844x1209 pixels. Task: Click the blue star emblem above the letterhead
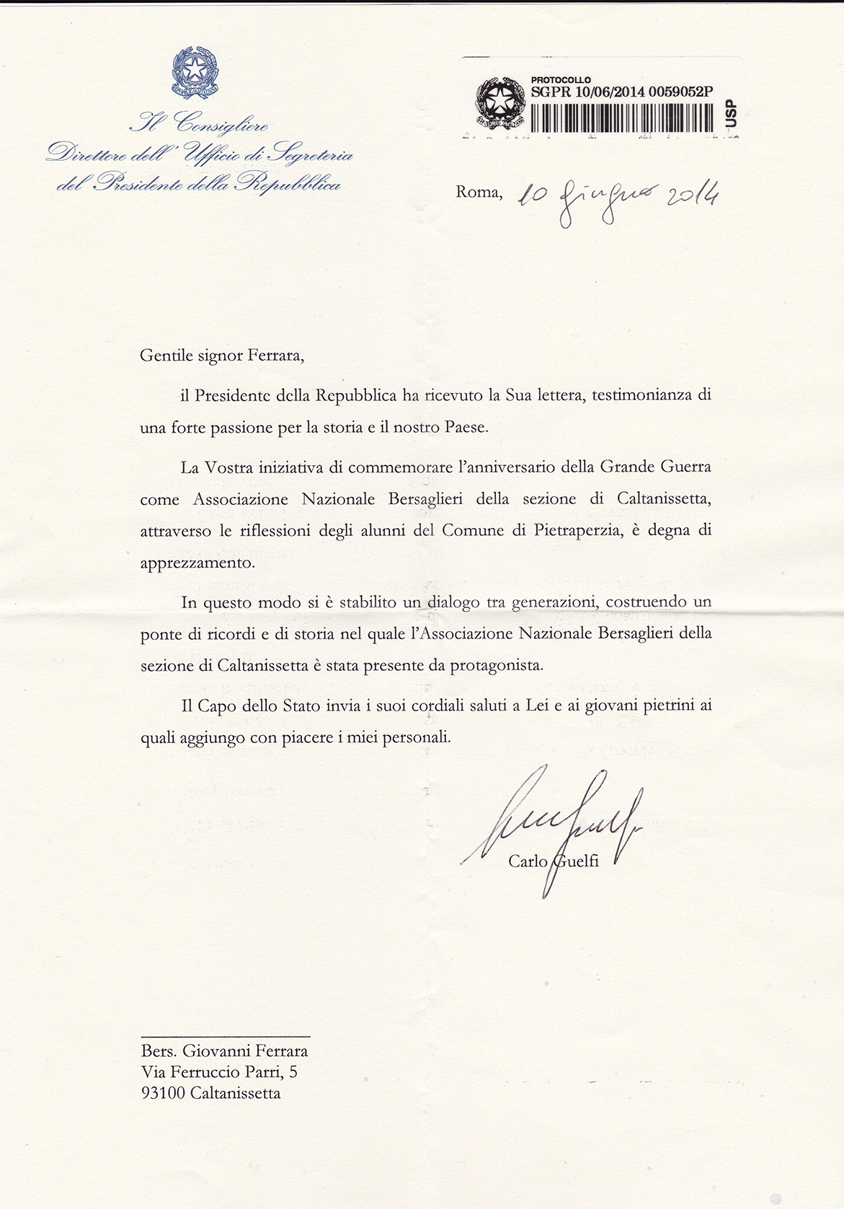[195, 71]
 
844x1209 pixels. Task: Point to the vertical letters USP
[731, 113]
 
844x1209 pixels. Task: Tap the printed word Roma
[479, 192]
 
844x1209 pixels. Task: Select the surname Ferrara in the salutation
[271, 356]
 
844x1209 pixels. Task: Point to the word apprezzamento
[197, 563]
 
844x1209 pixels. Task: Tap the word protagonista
[496, 665]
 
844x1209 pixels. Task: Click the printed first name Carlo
[528, 861]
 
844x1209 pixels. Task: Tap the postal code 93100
[164, 1093]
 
